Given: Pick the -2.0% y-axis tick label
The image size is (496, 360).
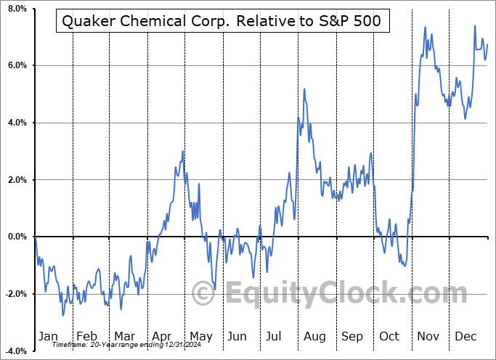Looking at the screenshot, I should pyautogui.click(x=15, y=294).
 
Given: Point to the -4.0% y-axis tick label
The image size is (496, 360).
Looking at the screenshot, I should pyautogui.click(x=15, y=351).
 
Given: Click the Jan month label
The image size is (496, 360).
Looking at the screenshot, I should pyautogui.click(x=49, y=336).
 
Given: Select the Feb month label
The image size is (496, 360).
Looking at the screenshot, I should pyautogui.click(x=86, y=336).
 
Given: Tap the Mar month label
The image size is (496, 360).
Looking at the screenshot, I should pyautogui.click(x=124, y=336).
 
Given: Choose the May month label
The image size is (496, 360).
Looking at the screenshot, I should pyautogui.click(x=200, y=336).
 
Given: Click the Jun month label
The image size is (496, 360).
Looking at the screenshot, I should pyautogui.click(x=238, y=336).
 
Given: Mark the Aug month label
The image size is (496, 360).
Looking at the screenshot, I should pyautogui.click(x=314, y=336).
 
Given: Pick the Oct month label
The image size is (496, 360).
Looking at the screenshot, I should pyautogui.click(x=390, y=336).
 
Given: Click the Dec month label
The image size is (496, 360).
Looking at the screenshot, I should pyautogui.click(x=466, y=336).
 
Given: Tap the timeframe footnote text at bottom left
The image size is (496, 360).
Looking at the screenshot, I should pyautogui.click(x=118, y=345).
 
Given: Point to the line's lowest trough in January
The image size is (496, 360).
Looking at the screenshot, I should pyautogui.click(x=62, y=315).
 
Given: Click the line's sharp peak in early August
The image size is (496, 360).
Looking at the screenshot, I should pyautogui.click(x=304, y=89).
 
